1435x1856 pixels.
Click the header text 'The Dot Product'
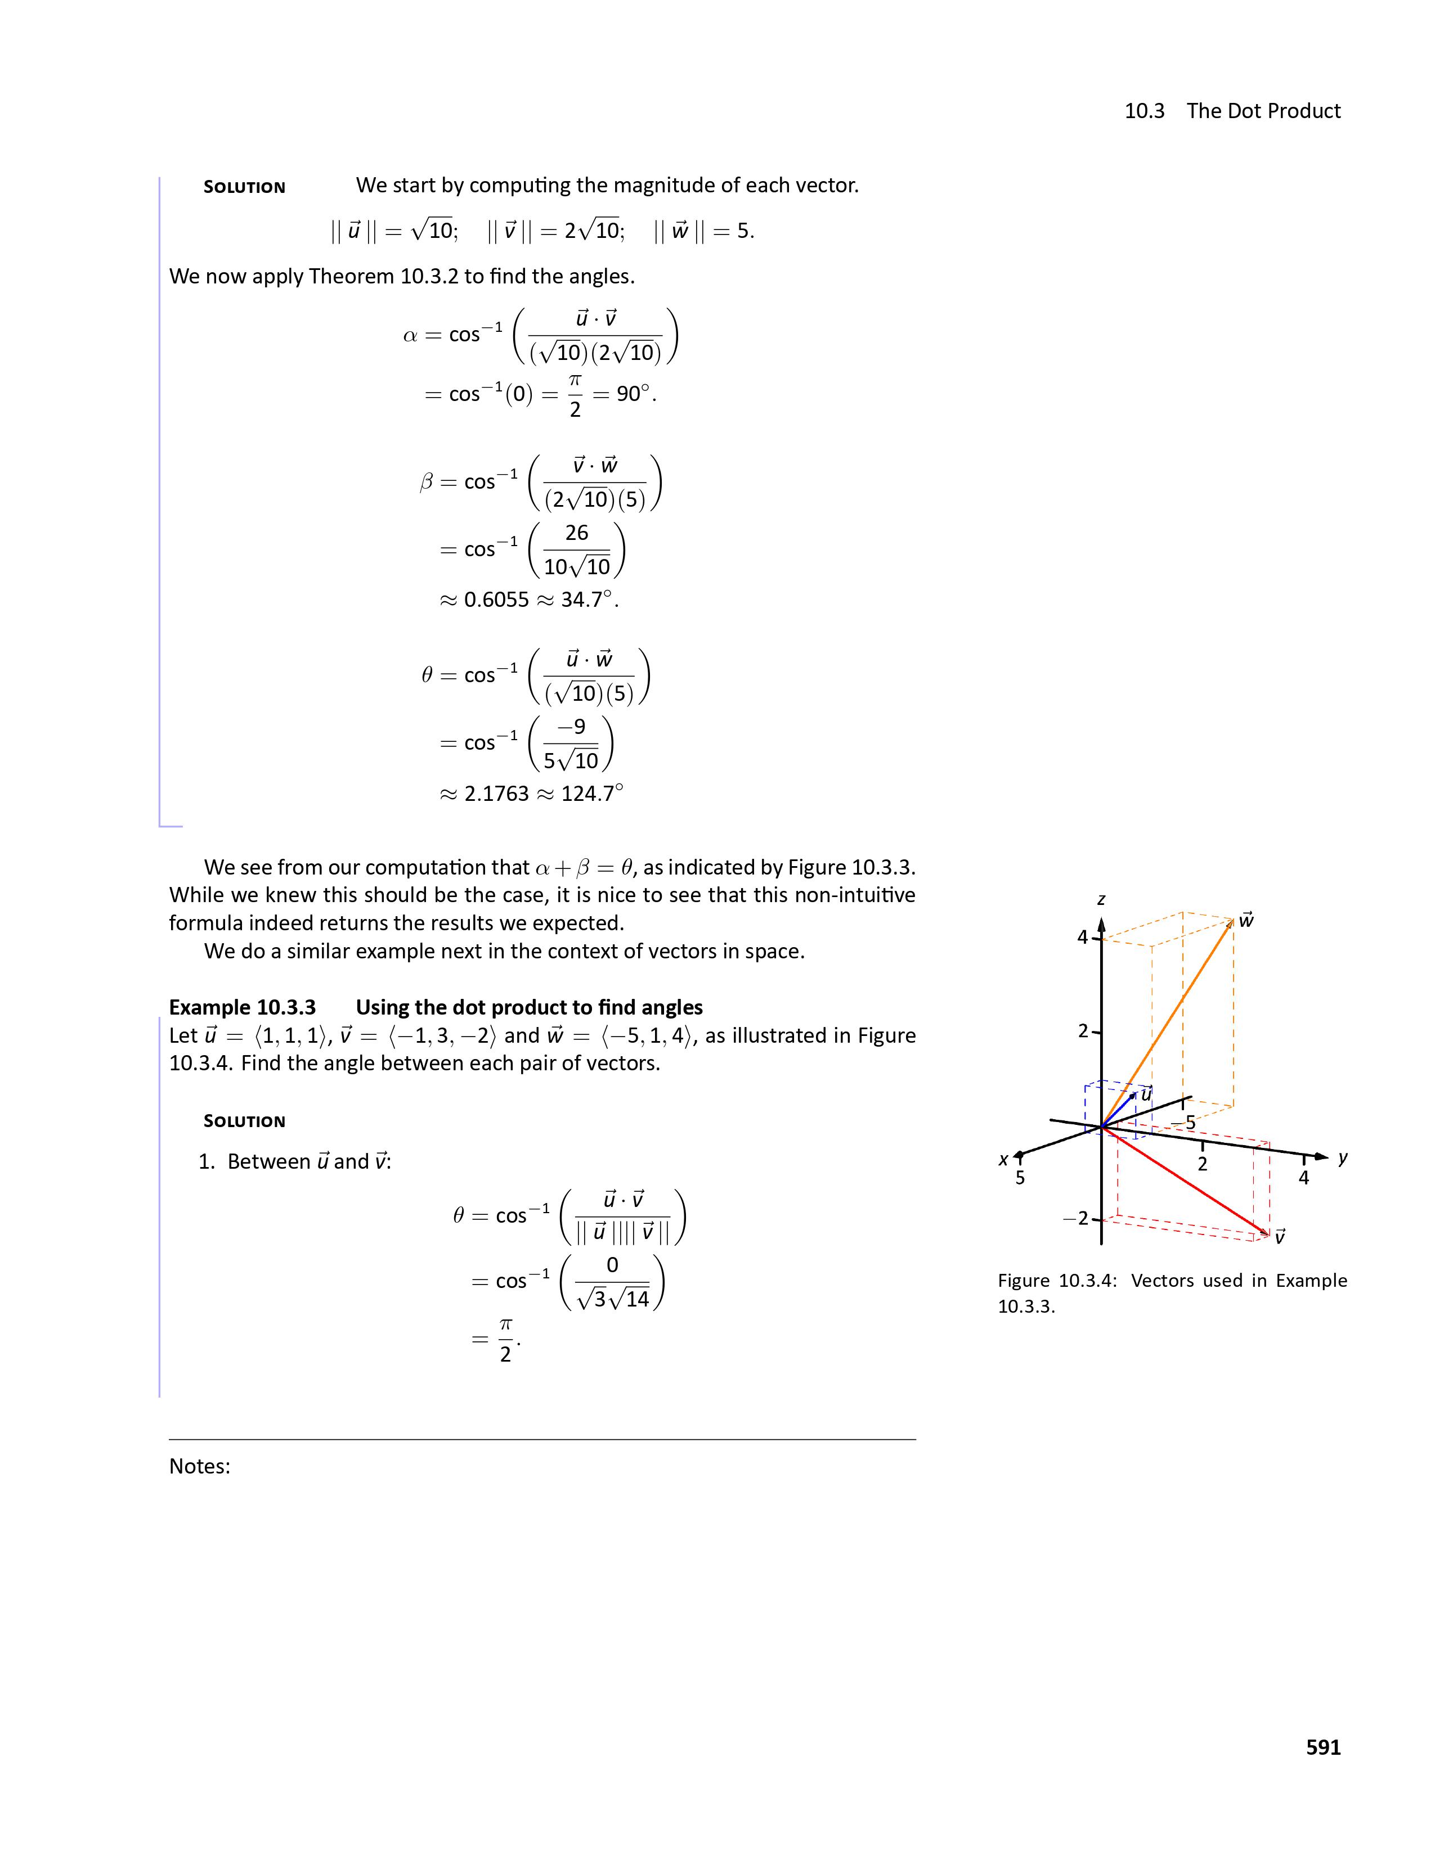pos(1263,111)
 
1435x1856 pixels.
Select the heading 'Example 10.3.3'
pos(243,1007)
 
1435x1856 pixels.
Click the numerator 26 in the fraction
pos(576,533)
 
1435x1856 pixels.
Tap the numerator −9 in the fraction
pos(571,727)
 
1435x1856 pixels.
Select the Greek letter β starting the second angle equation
pos(426,482)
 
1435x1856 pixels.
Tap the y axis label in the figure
pos(1342,1157)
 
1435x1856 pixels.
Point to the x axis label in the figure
pos(1003,1159)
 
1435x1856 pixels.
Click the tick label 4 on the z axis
pos(1082,938)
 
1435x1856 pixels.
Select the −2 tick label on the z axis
pos(1075,1219)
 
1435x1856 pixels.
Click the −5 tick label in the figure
pos(1183,1123)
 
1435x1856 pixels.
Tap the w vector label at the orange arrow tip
pos(1246,920)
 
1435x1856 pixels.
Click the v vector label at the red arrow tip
pos(1280,1237)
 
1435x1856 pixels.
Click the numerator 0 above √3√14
pos(612,1265)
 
